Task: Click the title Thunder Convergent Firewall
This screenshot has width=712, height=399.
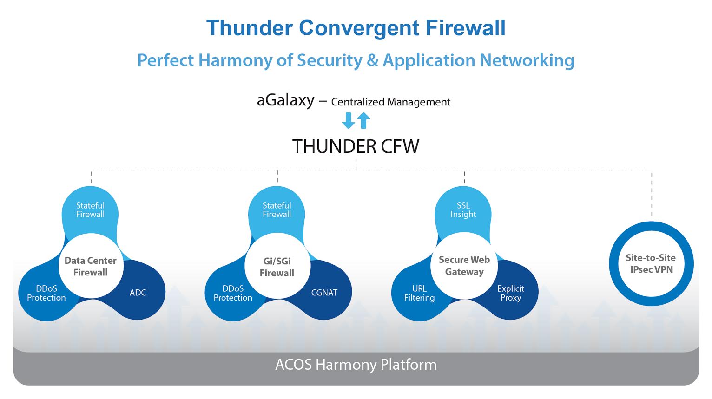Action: click(356, 28)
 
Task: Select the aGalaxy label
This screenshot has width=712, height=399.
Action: click(285, 100)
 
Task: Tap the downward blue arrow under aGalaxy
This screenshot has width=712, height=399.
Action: click(348, 120)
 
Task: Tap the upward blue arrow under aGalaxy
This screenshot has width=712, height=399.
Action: click(363, 120)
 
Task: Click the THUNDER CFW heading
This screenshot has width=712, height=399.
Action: click(356, 146)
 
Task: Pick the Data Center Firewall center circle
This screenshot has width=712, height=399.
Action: click(91, 266)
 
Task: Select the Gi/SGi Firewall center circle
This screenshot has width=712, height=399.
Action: click(277, 267)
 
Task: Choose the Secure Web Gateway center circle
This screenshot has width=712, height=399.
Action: click(464, 266)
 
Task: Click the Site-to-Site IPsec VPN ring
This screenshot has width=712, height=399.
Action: click(651, 263)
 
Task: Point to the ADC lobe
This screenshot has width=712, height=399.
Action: click(138, 293)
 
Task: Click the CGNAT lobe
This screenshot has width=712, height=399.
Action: click(324, 293)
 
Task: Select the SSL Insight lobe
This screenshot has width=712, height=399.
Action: click(463, 209)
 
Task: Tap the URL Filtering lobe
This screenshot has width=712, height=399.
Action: click(419, 293)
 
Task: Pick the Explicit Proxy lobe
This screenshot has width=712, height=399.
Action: click(510, 293)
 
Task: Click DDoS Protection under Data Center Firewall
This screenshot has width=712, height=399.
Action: click(46, 293)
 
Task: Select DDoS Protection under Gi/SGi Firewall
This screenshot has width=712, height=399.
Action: click(233, 293)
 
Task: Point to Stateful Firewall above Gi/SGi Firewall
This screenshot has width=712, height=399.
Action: click(277, 209)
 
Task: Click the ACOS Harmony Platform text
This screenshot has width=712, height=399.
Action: click(356, 365)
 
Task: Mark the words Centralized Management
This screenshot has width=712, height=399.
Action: click(390, 102)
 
